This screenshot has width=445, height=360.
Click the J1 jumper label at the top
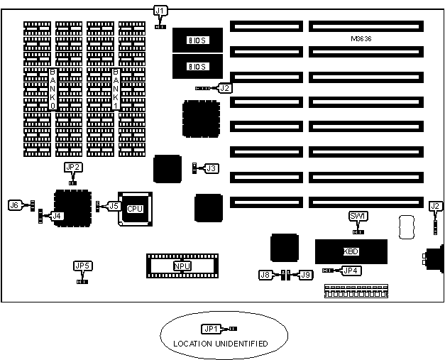(160, 10)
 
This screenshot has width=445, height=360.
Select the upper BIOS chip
(196, 39)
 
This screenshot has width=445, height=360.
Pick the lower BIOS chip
(196, 67)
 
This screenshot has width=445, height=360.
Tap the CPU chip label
(135, 209)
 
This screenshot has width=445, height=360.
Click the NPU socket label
(182, 266)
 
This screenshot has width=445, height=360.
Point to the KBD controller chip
(351, 251)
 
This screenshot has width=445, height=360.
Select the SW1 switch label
(358, 215)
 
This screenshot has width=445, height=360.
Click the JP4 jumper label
(351, 270)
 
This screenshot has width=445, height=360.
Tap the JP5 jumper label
(82, 266)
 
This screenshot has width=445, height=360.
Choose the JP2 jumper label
(72, 168)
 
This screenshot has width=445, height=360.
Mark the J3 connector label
(211, 168)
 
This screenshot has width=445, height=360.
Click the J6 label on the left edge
(14, 204)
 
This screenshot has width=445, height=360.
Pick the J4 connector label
(57, 215)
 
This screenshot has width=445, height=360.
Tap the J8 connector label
(265, 274)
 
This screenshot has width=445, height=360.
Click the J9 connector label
(306, 274)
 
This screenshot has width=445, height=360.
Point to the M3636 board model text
(363, 38)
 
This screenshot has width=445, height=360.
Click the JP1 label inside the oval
(211, 329)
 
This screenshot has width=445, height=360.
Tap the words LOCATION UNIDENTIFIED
(221, 344)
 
